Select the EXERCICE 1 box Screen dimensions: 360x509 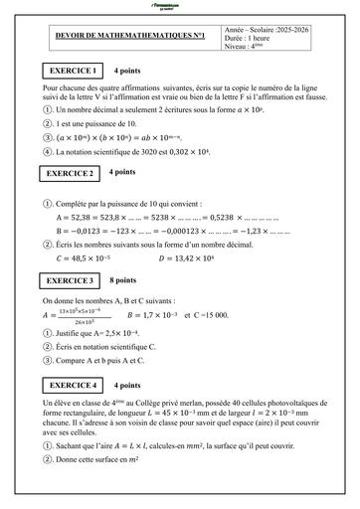point(74,72)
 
